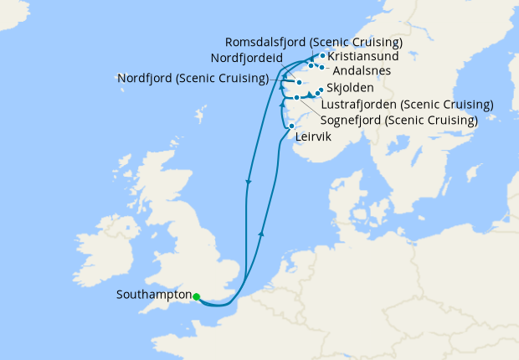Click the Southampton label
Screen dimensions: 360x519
pos(154,296)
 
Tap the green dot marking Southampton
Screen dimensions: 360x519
pos(196,296)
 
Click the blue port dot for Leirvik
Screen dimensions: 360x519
pos(291,126)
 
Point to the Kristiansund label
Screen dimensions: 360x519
pos(363,56)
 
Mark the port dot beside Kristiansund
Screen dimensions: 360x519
pos(322,56)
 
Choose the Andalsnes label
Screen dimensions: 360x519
pos(362,71)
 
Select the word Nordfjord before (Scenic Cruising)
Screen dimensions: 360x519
pos(144,80)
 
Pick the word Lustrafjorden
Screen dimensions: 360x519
pos(359,105)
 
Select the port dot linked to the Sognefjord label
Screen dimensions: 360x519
pos(296,98)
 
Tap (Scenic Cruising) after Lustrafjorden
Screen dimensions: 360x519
pos(445,105)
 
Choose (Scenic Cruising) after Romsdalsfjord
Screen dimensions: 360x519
pos(358,42)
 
